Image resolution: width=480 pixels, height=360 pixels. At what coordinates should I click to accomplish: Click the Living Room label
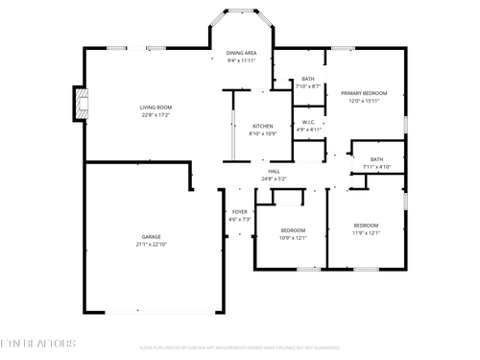pyautogui.click(x=155, y=108)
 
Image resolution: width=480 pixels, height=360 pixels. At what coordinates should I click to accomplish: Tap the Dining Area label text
pyautogui.click(x=241, y=53)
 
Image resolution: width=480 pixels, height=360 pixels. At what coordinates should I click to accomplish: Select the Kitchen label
pyautogui.click(x=262, y=127)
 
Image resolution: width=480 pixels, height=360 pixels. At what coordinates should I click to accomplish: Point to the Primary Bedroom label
pyautogui.click(x=364, y=93)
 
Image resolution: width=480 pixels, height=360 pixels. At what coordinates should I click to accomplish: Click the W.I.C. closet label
pyautogui.click(x=308, y=122)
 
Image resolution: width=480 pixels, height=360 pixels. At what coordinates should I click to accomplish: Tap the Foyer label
pyautogui.click(x=239, y=212)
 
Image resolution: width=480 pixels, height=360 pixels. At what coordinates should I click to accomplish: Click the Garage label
pyautogui.click(x=151, y=237)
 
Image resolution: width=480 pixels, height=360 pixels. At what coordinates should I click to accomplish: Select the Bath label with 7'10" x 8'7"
pyautogui.click(x=307, y=79)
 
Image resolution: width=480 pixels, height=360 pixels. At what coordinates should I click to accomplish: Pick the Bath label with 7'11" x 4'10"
pyautogui.click(x=376, y=159)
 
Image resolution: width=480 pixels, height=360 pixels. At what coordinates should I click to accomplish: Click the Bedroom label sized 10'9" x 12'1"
pyautogui.click(x=293, y=230)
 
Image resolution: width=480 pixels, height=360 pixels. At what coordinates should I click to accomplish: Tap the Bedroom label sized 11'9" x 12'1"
pyautogui.click(x=366, y=226)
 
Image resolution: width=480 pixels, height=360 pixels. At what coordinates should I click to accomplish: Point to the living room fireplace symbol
pyautogui.click(x=78, y=105)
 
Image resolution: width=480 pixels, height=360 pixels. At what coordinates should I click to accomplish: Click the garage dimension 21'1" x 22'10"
pyautogui.click(x=151, y=245)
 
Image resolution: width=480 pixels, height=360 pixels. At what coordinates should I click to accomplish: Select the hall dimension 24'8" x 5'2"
pyautogui.click(x=275, y=179)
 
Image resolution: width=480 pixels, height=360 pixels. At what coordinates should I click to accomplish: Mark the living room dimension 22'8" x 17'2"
pyautogui.click(x=155, y=115)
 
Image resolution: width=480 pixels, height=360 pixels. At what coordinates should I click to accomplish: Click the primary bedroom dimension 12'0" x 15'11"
pyautogui.click(x=364, y=101)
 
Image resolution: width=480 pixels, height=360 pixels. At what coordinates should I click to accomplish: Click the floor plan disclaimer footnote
pyautogui.click(x=240, y=348)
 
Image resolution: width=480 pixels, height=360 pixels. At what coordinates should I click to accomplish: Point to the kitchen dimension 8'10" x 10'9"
pyautogui.click(x=262, y=134)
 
